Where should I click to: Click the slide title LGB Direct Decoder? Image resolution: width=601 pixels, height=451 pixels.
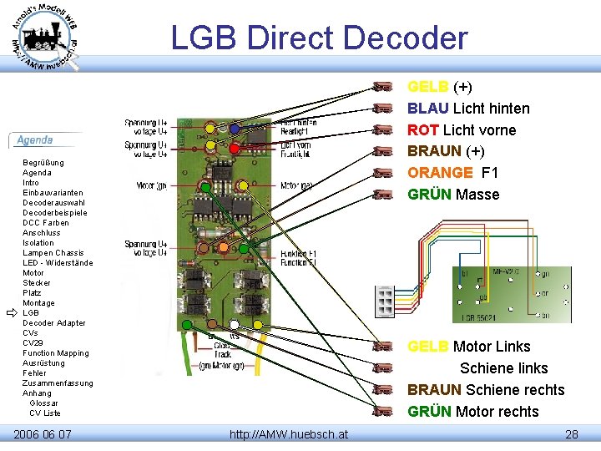(x=319, y=38)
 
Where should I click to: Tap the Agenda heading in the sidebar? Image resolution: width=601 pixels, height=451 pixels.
(x=35, y=140)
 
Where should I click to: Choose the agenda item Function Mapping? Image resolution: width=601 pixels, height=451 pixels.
(x=55, y=353)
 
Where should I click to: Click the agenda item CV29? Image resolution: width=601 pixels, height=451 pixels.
(x=33, y=343)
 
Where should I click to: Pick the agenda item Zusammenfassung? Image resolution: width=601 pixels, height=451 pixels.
(x=58, y=383)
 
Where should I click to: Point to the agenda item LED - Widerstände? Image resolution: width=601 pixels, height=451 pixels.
(x=58, y=263)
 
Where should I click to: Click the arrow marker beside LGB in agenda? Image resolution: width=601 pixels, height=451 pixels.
(x=12, y=312)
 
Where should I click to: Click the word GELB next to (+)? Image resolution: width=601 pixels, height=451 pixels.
(x=427, y=87)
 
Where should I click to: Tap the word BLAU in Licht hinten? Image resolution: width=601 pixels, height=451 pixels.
(x=426, y=109)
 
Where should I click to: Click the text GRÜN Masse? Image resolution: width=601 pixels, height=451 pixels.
(x=453, y=195)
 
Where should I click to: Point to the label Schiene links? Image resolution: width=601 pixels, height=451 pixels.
(x=503, y=368)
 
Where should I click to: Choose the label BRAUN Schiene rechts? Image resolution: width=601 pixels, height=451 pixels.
(x=485, y=390)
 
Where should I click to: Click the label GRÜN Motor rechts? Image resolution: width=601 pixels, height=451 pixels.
(x=472, y=412)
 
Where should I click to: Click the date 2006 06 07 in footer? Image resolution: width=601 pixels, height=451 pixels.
(x=43, y=434)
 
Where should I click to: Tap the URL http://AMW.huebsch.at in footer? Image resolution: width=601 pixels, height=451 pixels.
(x=289, y=434)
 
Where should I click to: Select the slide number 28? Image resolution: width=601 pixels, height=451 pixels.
(x=571, y=434)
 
